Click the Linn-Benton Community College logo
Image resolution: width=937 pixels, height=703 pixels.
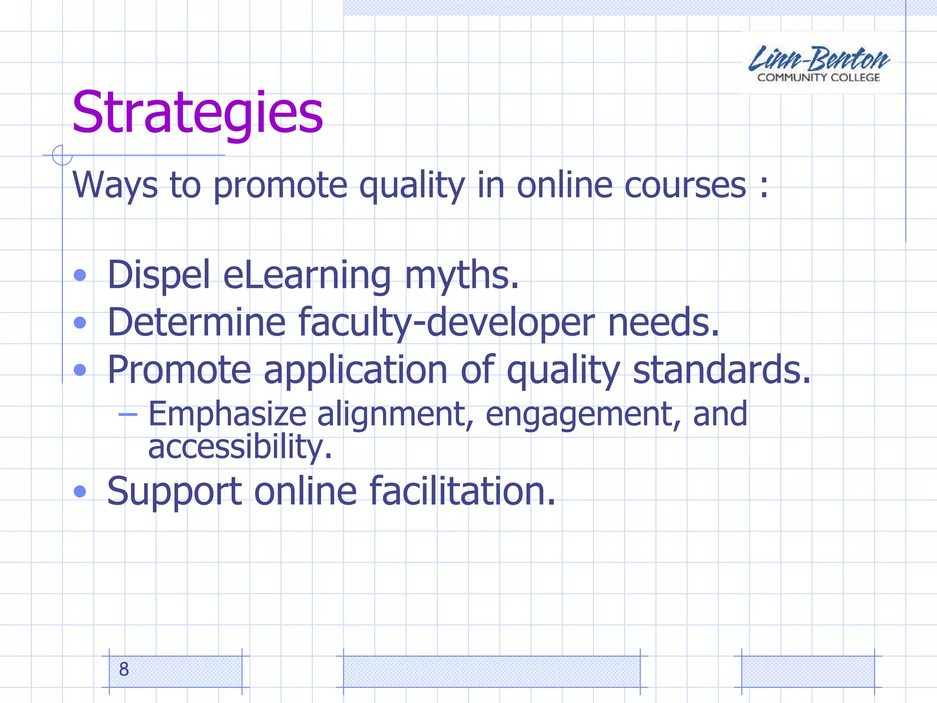point(819,63)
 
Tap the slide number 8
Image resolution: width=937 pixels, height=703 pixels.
point(124,669)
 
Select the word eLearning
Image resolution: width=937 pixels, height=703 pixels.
point(307,276)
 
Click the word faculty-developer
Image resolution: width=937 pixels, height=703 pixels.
point(447,323)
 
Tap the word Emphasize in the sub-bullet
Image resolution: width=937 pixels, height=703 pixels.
point(227,414)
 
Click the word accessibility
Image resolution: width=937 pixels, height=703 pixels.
point(240,447)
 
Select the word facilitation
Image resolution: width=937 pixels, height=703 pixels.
point(462,491)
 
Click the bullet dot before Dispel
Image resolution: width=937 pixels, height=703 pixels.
point(80,275)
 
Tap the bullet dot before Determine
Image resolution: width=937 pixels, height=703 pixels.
point(80,323)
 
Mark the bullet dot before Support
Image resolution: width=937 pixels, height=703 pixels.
point(80,492)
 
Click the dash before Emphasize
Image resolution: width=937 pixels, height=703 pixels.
point(128,415)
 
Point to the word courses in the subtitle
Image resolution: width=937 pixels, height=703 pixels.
point(685,185)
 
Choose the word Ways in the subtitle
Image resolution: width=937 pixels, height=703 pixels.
point(115,185)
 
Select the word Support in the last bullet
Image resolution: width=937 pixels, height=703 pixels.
point(174,491)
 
